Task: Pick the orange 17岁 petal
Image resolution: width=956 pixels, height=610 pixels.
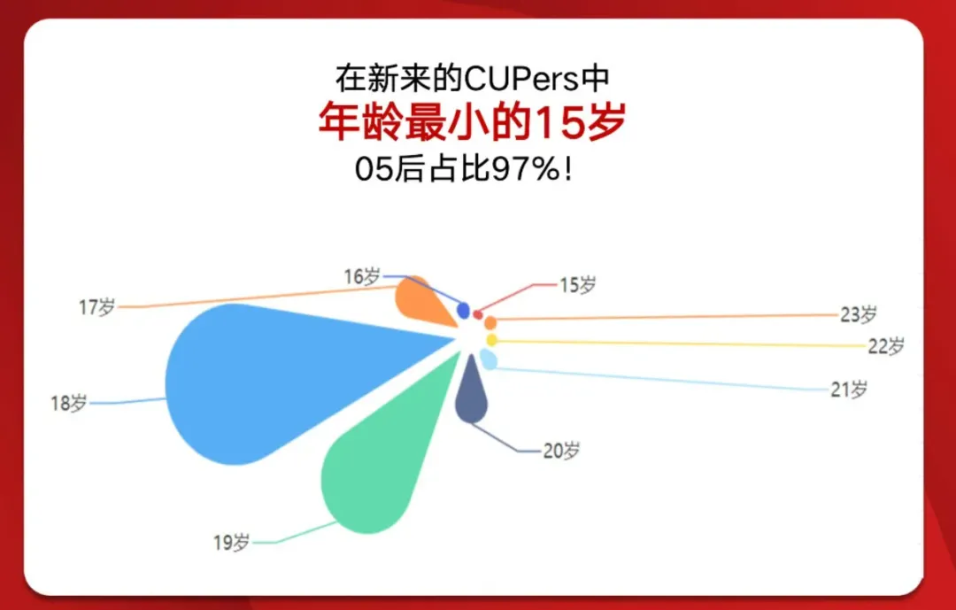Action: tap(420, 301)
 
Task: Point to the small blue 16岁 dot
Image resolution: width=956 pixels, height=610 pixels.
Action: tap(463, 311)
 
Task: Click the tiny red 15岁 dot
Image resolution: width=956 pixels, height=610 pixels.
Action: tap(478, 315)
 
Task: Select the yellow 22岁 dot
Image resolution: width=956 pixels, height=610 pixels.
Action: tap(491, 340)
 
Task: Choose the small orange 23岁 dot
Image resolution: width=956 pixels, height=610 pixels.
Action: tap(490, 322)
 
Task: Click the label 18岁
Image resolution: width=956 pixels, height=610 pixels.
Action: tap(69, 403)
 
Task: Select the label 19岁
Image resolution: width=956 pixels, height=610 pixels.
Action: tap(232, 543)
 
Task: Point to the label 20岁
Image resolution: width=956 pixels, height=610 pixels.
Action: tap(561, 451)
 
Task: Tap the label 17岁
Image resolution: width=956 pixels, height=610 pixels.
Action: tap(97, 307)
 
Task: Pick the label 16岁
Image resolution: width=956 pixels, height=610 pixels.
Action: tap(362, 276)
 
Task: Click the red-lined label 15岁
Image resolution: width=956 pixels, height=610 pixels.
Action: tap(578, 284)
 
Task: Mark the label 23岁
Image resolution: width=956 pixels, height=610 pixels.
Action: tap(859, 315)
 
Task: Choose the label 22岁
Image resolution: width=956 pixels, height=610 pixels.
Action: tap(886, 346)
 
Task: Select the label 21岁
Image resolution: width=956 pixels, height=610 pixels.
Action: tap(849, 390)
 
